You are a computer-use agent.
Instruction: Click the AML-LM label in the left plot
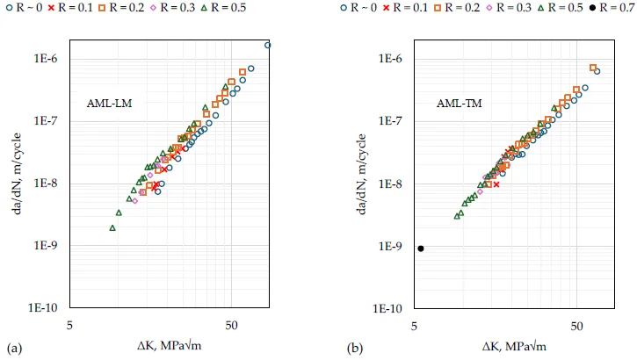111,103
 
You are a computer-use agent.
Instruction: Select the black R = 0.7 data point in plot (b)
421,248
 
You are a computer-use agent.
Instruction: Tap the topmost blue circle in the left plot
268,45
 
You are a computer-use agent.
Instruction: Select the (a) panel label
12,348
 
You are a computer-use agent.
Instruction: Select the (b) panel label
355,348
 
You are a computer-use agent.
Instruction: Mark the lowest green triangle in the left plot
112,228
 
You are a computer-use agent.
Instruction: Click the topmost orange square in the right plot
593,68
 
